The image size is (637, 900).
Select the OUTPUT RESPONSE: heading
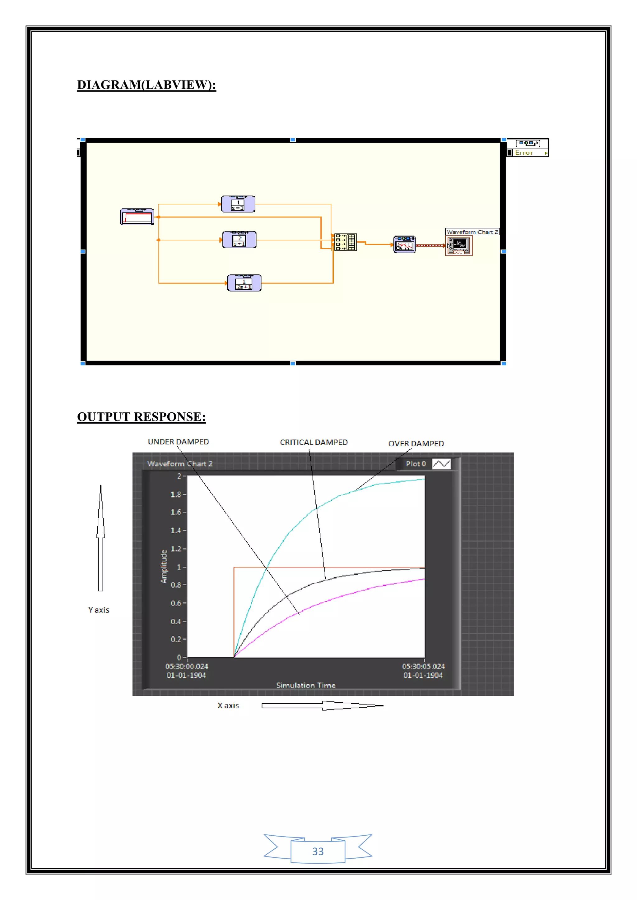pos(141,417)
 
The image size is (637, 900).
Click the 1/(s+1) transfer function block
pos(238,204)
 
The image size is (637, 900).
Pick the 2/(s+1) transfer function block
pos(239,240)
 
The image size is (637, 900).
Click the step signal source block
pos(137,217)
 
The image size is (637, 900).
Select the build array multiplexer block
pos(346,242)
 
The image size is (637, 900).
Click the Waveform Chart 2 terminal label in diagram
pos(472,232)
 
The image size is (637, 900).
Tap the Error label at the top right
pos(524,153)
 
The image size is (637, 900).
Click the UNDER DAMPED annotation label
pos(178,442)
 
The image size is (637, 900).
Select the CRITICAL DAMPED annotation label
pos(314,443)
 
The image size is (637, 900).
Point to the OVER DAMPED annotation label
pos(416,444)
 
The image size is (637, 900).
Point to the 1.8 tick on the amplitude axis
pos(176,494)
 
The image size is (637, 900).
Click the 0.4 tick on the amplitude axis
pos(176,621)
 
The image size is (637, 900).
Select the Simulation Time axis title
pos(305,685)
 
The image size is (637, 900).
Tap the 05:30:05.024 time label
pos(423,666)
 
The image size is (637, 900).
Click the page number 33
pos(318,852)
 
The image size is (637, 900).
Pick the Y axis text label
pos(99,610)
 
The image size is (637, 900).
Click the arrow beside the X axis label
pos(322,705)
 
